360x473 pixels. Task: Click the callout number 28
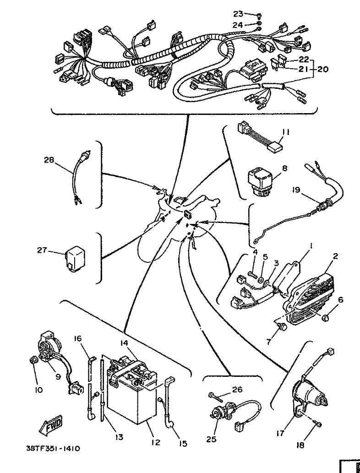tap(49, 160)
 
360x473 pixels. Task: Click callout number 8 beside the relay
tap(284, 169)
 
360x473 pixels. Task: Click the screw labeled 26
tap(215, 394)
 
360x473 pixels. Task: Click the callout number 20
tap(322, 70)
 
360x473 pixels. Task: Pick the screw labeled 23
tap(259, 16)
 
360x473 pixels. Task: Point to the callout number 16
tap(78, 338)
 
